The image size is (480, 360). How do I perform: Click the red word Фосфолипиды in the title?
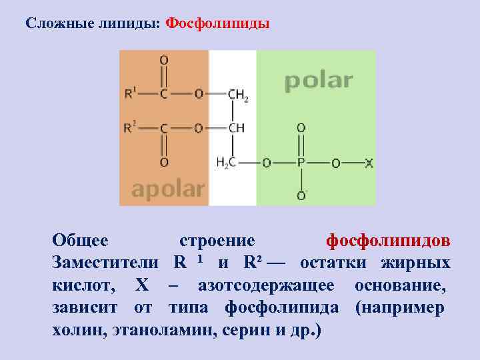[217, 24]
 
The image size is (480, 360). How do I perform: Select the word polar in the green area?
[318, 81]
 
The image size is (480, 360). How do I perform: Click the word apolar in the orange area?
[167, 189]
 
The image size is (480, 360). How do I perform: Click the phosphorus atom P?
[301, 162]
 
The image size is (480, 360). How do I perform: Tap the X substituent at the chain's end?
[369, 162]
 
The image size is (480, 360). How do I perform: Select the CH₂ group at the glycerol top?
[238, 95]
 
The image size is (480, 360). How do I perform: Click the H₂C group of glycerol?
[227, 162]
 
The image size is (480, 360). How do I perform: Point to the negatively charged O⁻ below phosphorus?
[302, 195]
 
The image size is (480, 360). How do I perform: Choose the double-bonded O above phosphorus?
[301, 127]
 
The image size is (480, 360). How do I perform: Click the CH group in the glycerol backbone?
[236, 128]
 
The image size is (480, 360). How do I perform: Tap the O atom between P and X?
[335, 162]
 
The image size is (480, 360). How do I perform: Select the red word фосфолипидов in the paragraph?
[387, 240]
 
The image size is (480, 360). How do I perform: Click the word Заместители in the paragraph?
[106, 262]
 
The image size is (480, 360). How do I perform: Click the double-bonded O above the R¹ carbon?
[163, 61]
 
